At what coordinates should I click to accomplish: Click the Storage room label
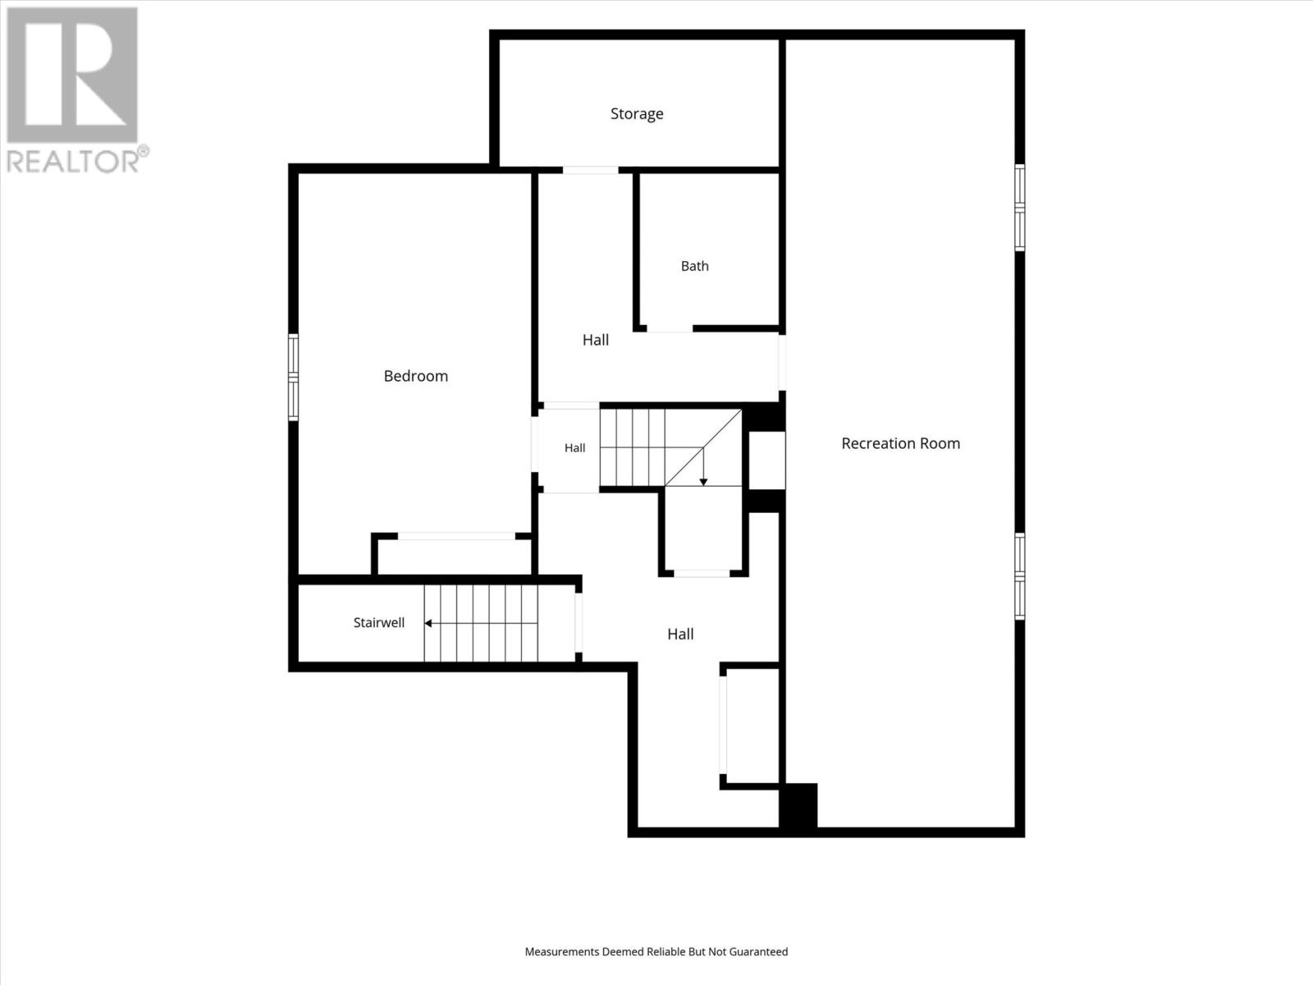pos(637,113)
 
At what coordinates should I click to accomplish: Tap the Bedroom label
pos(416,376)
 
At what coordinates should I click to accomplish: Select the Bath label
pos(694,266)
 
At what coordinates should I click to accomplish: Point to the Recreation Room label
pos(900,443)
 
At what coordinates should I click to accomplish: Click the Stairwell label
pos(378,622)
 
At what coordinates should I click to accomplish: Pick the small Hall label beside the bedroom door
pos(575,448)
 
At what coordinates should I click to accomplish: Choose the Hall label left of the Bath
pos(595,340)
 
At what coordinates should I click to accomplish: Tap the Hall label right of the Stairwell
pos(680,634)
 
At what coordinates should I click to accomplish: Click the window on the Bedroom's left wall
pos(293,378)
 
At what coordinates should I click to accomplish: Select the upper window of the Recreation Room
pos(1020,208)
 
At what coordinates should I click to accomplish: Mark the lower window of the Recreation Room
pos(1020,576)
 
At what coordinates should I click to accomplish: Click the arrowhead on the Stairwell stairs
pos(428,623)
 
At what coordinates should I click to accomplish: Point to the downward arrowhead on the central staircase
pos(703,482)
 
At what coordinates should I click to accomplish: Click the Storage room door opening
pos(590,171)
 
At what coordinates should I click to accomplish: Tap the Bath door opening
pos(670,329)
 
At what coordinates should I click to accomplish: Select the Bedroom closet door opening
pos(456,537)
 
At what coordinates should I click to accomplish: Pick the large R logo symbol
pos(72,75)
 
